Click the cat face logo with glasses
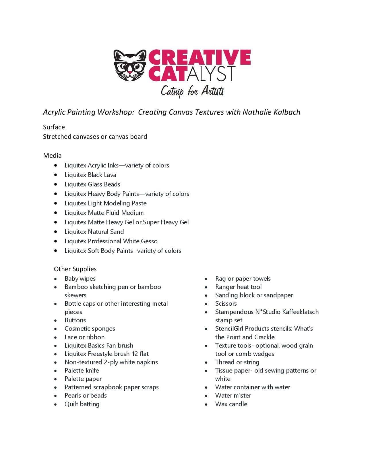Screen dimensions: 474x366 click(x=130, y=65)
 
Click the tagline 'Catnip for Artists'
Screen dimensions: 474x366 click(x=192, y=91)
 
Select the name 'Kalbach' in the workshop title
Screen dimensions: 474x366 click(x=286, y=112)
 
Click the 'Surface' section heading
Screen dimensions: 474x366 click(x=54, y=127)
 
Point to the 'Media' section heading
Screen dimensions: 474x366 click(x=52, y=155)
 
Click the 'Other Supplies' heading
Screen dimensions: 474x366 click(x=75, y=269)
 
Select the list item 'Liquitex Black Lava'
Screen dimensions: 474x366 click(x=90, y=175)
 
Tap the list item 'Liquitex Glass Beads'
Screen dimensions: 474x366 click(x=92, y=184)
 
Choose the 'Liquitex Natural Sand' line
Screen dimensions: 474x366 click(x=94, y=232)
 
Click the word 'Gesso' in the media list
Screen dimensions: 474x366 click(x=149, y=241)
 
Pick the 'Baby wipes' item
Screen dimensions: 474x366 click(x=80, y=278)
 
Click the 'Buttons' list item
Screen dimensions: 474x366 click(x=75, y=320)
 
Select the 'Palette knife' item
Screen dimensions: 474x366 click(x=82, y=370)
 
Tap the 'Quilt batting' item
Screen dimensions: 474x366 click(x=82, y=404)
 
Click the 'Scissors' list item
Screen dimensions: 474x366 click(x=226, y=303)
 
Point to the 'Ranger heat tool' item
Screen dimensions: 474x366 click(x=238, y=287)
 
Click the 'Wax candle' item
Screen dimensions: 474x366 click(x=231, y=404)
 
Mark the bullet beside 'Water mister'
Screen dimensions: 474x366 click(x=206, y=396)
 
